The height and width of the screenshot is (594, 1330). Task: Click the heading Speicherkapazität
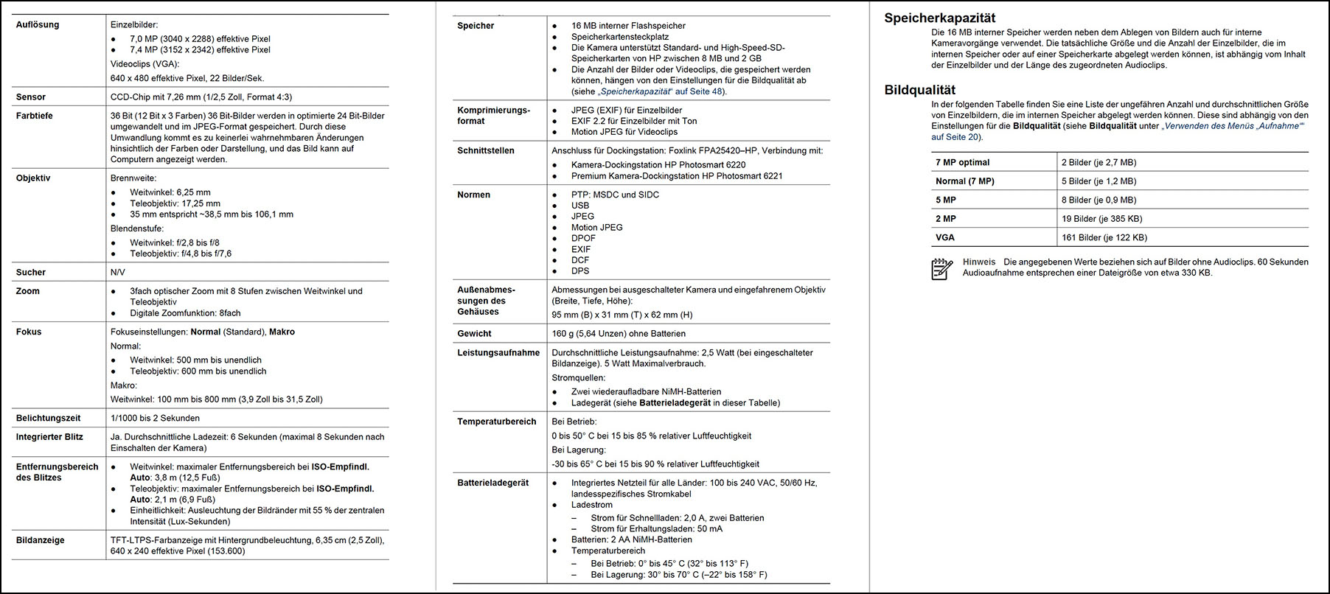pos(939,18)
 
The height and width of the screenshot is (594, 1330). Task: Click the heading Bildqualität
pos(919,91)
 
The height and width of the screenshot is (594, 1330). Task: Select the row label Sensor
pos(31,97)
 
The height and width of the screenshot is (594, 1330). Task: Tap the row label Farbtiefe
pos(35,116)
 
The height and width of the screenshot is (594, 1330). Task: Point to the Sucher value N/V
pos(118,273)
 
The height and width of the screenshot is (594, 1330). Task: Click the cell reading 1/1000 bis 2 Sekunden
pos(155,419)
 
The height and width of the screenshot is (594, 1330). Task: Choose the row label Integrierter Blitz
pos(49,437)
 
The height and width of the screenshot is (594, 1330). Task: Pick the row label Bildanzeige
pos(41,540)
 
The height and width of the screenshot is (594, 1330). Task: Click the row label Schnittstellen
pos(486,151)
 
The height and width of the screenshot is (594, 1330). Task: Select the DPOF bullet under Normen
pos(583,239)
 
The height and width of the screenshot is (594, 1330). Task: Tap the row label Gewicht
pos(474,334)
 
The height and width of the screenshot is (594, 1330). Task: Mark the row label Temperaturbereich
pos(497,422)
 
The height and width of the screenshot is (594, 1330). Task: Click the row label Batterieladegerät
pos(493,483)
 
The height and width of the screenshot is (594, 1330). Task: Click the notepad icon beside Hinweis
pos(941,269)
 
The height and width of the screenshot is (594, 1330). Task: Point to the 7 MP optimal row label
pos(962,163)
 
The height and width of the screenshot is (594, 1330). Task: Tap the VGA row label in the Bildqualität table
pos(944,238)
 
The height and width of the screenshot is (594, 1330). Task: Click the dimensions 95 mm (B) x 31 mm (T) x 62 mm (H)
pos(622,315)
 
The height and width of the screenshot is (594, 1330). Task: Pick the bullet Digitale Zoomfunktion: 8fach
pos(185,313)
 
